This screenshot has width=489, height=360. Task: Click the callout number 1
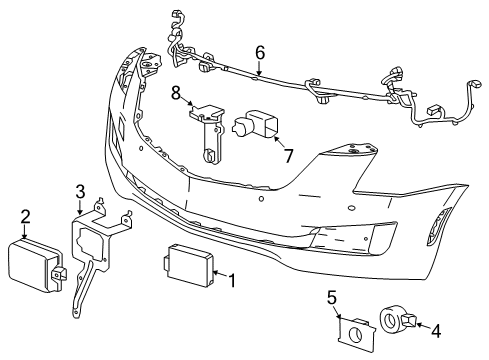click(232, 281)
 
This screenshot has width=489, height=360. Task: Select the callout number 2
click(27, 215)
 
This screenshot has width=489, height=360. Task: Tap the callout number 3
click(80, 193)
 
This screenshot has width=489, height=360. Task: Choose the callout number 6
click(260, 51)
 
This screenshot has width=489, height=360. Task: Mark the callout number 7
click(287, 155)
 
